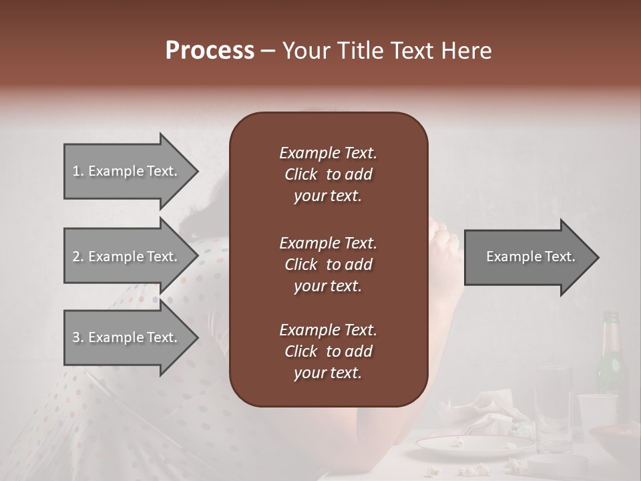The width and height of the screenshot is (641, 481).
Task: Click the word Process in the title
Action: (x=210, y=51)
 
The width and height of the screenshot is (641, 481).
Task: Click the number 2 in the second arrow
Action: (x=76, y=257)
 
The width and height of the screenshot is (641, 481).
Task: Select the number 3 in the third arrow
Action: (x=76, y=337)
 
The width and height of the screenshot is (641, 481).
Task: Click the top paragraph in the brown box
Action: (x=328, y=174)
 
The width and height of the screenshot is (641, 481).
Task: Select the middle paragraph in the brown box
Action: (x=328, y=265)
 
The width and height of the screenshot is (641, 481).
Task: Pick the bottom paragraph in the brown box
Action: (x=328, y=351)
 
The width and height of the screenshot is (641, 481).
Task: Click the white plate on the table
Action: (x=474, y=444)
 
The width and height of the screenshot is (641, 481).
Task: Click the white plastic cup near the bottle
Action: (x=596, y=414)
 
